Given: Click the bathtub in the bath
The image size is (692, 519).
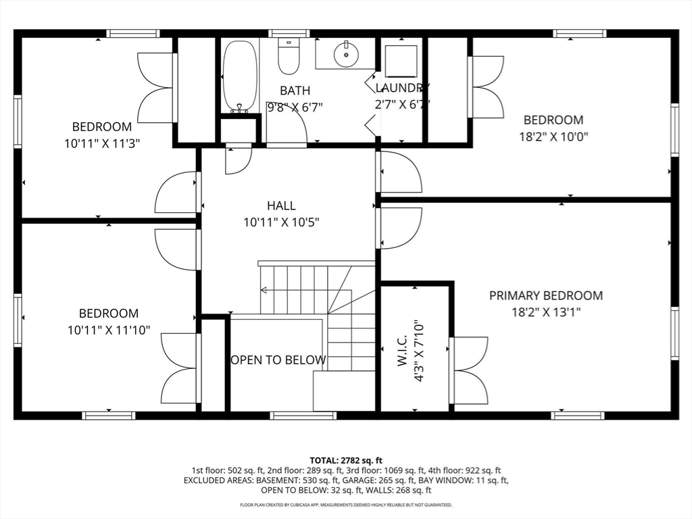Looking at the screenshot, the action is click(x=240, y=76).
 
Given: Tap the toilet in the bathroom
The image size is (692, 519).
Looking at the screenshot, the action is click(x=289, y=57).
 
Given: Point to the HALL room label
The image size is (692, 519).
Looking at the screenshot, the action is click(x=281, y=205).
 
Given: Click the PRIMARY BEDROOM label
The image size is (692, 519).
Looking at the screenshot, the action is click(x=546, y=295).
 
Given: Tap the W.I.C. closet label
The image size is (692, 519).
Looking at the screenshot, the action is click(x=402, y=351).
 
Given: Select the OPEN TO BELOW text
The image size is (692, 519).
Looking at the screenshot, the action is click(x=278, y=360).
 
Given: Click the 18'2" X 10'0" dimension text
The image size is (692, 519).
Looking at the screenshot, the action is click(x=553, y=137).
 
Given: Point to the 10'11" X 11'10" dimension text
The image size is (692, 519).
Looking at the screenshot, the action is click(x=109, y=330).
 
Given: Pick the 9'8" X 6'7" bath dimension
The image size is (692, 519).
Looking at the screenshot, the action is click(x=295, y=107).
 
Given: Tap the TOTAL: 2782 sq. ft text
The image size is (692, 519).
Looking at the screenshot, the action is click(x=346, y=461).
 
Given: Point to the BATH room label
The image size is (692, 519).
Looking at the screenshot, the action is click(x=295, y=91).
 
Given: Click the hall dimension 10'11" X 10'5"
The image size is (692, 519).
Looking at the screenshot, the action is click(x=281, y=222).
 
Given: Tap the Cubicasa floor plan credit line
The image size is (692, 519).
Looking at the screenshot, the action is click(x=346, y=505).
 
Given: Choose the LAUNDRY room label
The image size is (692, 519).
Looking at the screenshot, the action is click(x=403, y=88).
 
